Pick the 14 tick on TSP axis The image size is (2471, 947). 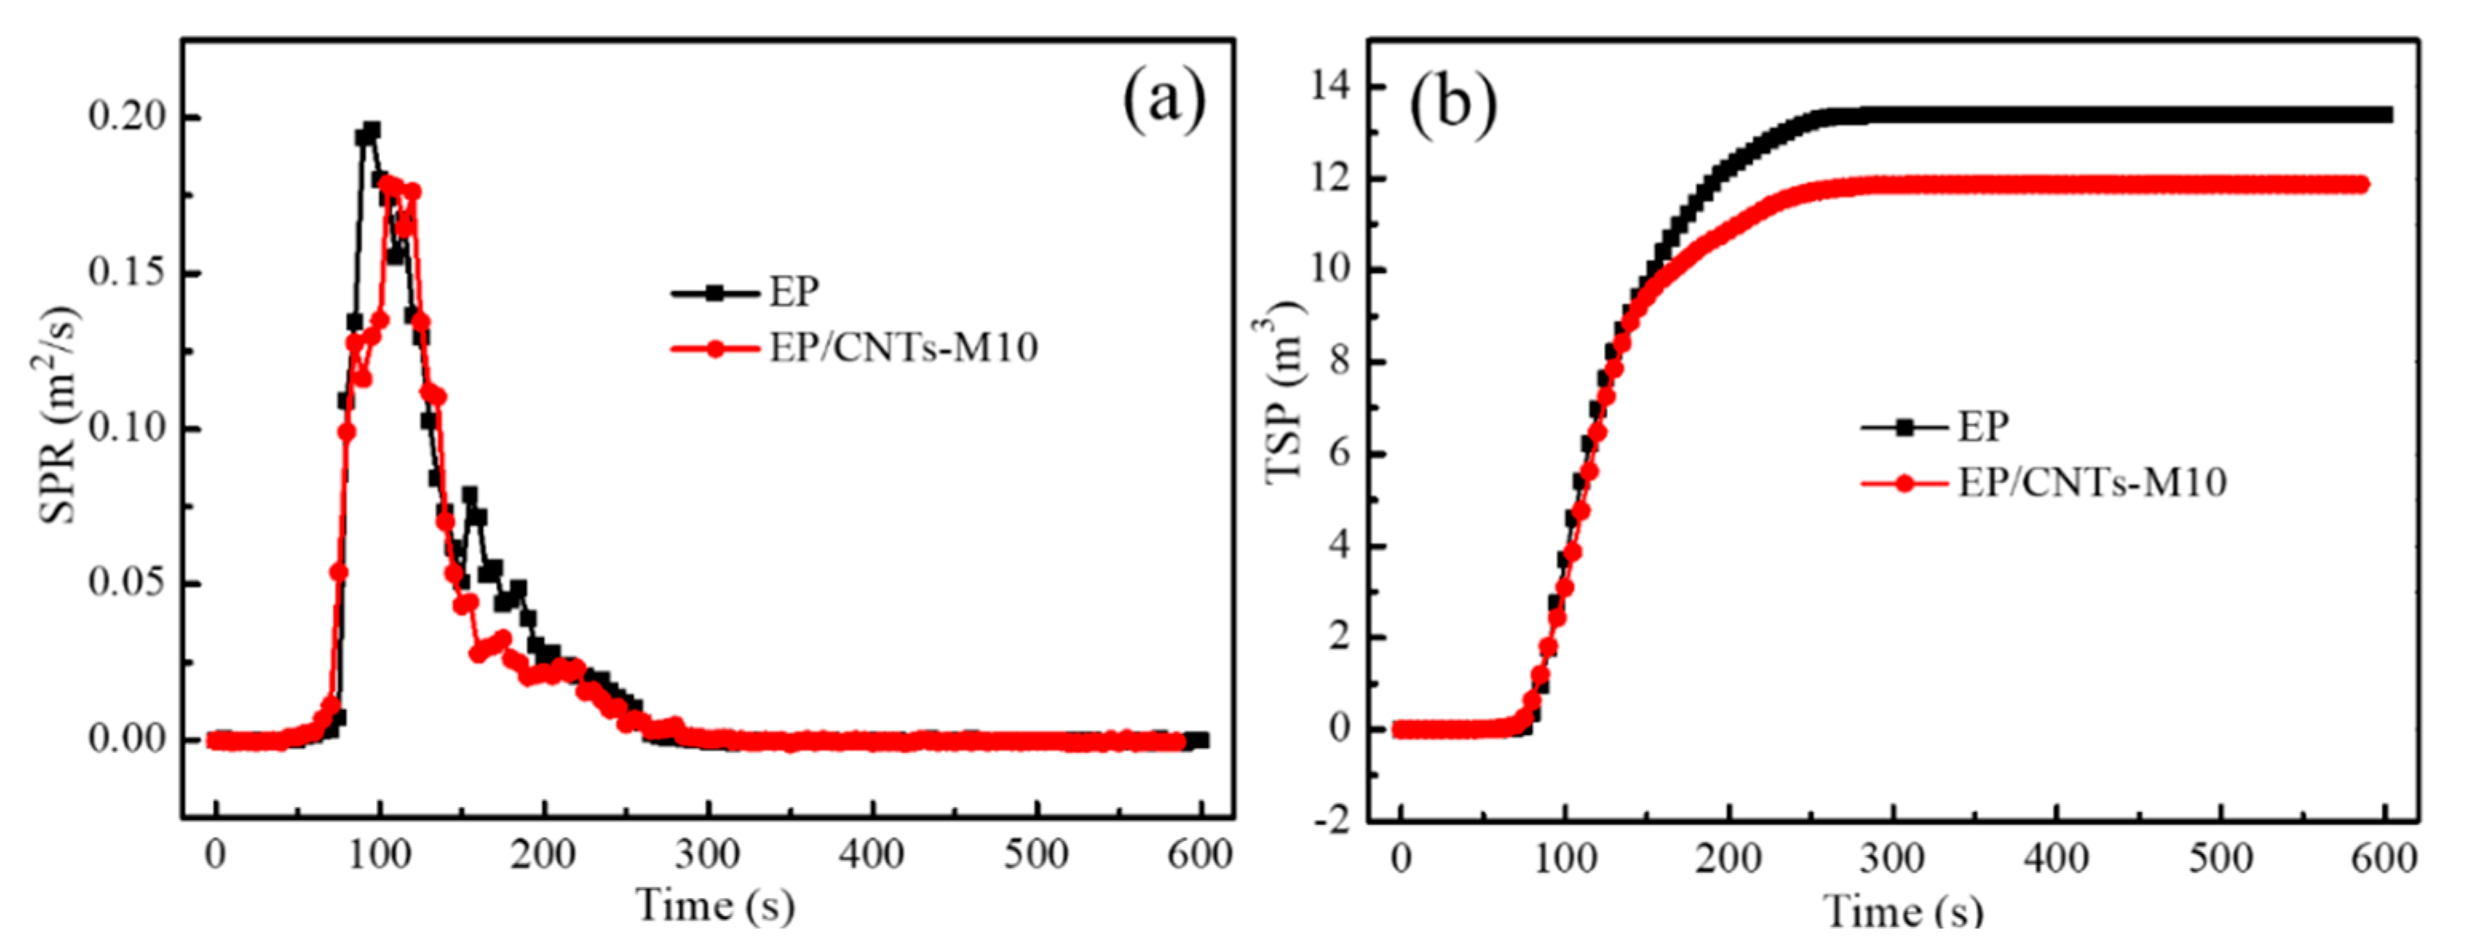(x=1329, y=87)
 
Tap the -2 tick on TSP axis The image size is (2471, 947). (x=1329, y=820)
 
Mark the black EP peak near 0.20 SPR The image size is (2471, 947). (x=371, y=130)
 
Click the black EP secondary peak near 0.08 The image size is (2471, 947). (x=470, y=496)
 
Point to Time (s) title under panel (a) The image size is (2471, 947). (x=715, y=905)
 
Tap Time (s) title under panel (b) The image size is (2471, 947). (x=1903, y=909)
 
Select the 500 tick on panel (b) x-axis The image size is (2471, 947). (x=2220, y=857)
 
